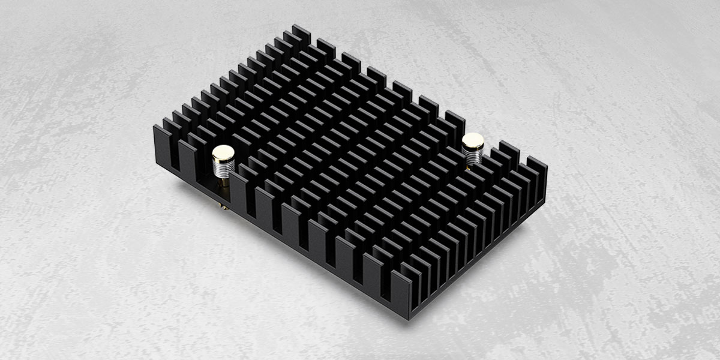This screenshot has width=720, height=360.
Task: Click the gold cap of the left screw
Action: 223,152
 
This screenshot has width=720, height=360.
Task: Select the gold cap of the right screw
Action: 473,142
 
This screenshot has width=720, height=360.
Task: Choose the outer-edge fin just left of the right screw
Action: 454,123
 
